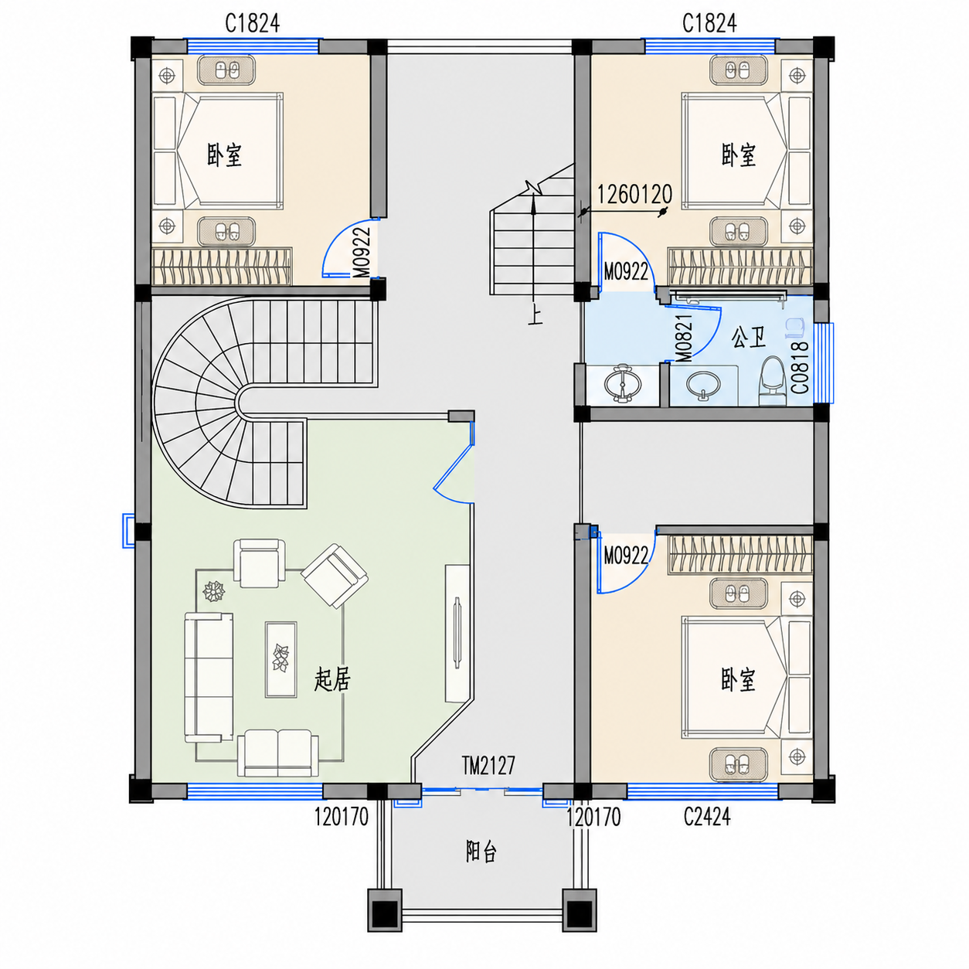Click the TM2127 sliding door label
point(488,765)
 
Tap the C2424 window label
point(706,817)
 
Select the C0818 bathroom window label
point(800,367)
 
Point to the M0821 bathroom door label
point(684,338)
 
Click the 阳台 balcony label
point(481,852)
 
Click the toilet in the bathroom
point(772,381)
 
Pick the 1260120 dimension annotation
point(634,194)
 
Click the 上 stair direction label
point(535,316)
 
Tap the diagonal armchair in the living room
point(335,575)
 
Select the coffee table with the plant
point(281,659)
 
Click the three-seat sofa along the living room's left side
point(209,677)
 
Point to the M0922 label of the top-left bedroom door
point(361,253)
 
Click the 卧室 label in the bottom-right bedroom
point(738,679)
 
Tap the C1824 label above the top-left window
point(252,23)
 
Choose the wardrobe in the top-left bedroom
point(222,267)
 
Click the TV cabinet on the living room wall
point(457,633)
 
